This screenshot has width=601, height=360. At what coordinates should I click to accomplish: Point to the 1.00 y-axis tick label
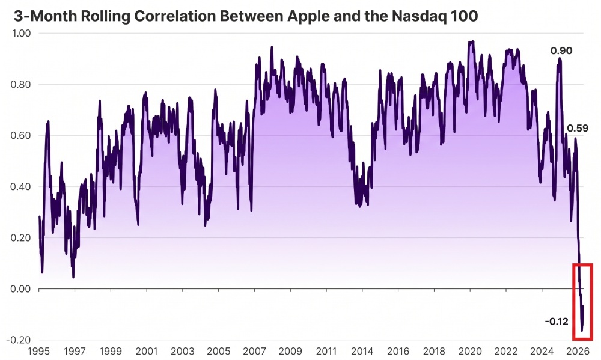pos(21,33)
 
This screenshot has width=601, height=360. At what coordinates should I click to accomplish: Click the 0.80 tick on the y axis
pos(21,84)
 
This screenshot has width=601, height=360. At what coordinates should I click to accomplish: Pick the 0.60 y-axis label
pos(21,135)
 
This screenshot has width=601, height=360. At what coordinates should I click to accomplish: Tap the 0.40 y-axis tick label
pos(21,187)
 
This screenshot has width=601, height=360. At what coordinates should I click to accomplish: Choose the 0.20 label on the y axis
pos(21,238)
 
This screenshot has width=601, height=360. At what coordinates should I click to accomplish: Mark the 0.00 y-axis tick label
pos(21,288)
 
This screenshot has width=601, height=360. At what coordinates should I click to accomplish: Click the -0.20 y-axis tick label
pos(19,340)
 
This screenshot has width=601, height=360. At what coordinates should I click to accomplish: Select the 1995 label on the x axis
pos(39,351)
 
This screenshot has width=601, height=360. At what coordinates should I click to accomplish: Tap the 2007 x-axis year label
pos(254,351)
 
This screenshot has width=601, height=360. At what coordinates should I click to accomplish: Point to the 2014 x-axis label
pos(362,351)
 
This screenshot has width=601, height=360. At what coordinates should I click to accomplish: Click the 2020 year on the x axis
pos(470,351)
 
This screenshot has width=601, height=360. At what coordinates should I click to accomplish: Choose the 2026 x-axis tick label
pos(578,351)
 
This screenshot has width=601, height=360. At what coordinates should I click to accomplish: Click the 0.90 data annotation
pos(561,50)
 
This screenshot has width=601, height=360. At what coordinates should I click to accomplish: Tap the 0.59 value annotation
pos(577,128)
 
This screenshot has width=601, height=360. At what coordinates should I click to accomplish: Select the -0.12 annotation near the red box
pos(557,322)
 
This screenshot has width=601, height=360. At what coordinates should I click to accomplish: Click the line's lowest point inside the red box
pos(582,331)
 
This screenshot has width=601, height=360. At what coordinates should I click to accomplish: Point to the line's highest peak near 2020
pos(472,41)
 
